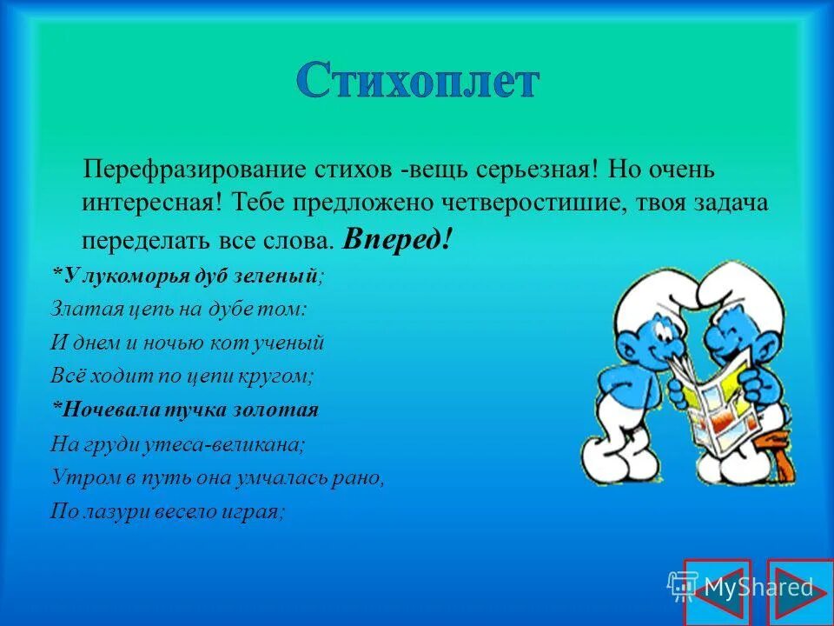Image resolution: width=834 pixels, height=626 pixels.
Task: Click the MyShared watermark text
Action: click(758, 587)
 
